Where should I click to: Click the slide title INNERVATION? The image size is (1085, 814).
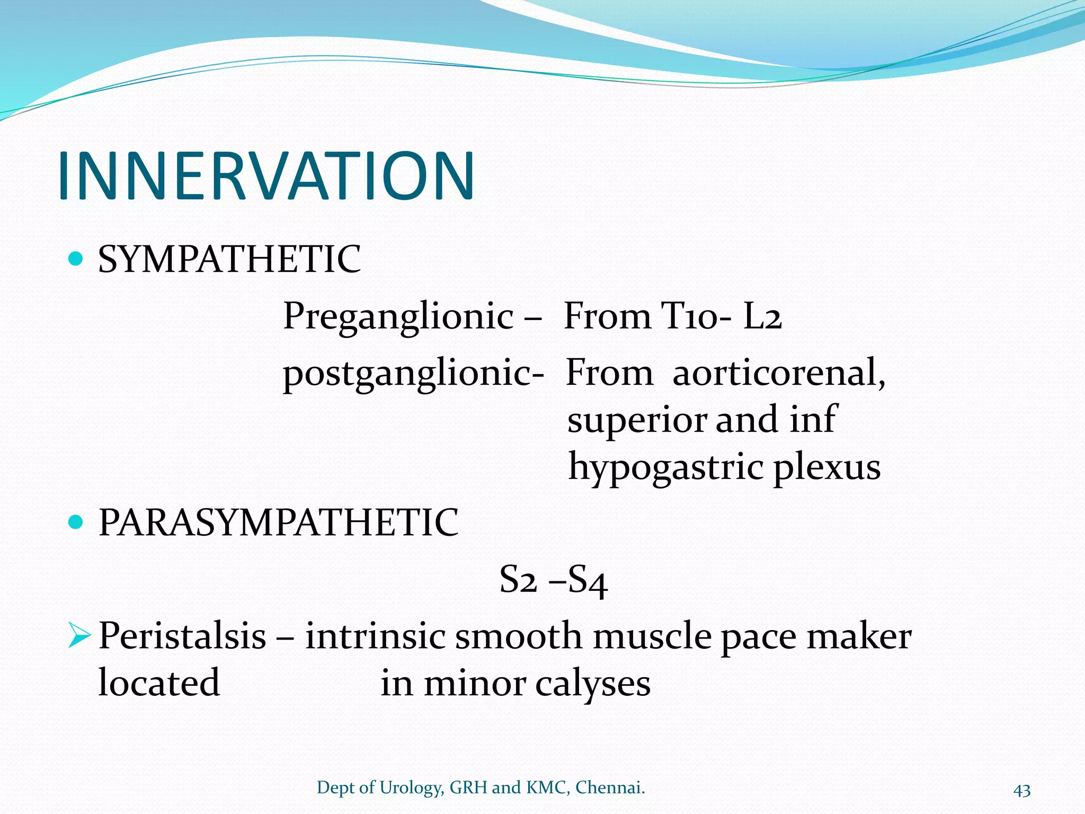(266, 176)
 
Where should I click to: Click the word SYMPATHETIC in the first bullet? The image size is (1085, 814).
(229, 260)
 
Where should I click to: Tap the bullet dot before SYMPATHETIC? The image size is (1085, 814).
(77, 259)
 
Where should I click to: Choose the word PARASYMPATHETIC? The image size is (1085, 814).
(278, 523)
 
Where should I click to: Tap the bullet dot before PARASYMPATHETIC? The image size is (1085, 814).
(77, 523)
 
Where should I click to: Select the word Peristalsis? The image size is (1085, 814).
(182, 636)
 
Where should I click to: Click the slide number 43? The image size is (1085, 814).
(1022, 790)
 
